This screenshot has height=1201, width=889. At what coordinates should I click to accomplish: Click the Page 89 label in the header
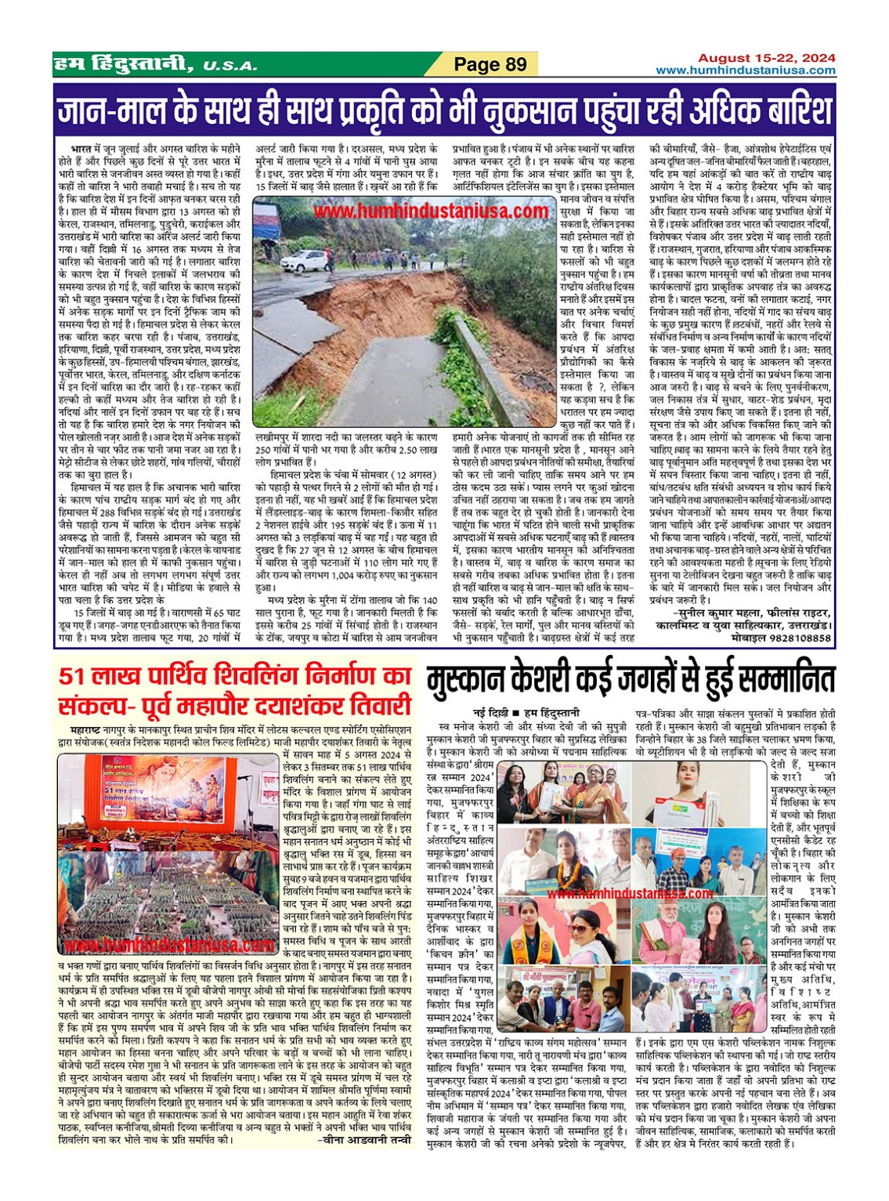pyautogui.click(x=490, y=64)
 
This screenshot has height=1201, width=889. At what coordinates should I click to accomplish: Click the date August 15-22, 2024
pyautogui.click(x=766, y=58)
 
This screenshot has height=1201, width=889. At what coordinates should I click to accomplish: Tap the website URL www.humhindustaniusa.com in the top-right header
pyautogui.click(x=745, y=71)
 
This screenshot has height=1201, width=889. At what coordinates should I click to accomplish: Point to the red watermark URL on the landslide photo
pyautogui.click(x=430, y=212)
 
